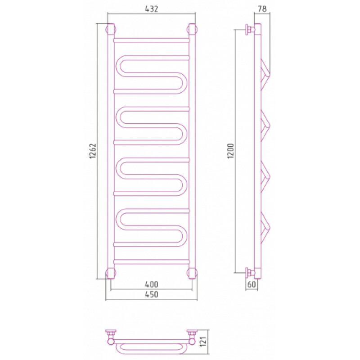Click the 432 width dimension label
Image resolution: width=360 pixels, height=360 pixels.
152,9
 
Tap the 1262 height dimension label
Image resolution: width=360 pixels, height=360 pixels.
93,151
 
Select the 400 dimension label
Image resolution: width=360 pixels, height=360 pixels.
152,284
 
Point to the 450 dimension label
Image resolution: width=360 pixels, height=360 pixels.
152,294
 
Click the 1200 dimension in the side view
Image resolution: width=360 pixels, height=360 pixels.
230,151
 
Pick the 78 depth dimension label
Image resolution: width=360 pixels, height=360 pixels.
262,9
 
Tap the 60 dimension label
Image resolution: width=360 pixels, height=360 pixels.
252,284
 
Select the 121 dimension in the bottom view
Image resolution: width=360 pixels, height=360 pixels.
203,341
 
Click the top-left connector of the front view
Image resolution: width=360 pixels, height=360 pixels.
111,29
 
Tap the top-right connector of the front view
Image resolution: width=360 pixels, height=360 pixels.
192,29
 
